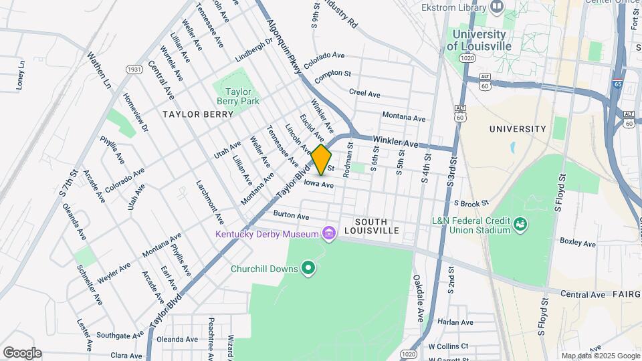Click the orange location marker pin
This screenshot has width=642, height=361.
coord(322,160)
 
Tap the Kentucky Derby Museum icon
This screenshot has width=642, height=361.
coord(328,233)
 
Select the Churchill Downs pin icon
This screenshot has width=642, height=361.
coord(308,269)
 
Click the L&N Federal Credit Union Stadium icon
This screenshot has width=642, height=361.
coord(519,225)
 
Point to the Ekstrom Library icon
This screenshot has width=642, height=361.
coord(496,7)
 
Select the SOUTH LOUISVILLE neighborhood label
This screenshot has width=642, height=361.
coord(377,226)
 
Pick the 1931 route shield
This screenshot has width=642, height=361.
coord(134,69)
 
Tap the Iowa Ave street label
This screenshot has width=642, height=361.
coord(318,184)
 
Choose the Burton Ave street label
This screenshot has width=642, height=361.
coord(291,216)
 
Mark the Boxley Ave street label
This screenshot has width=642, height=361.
coord(577,243)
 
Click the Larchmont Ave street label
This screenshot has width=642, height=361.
coord(210,201)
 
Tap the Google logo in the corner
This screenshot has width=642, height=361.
coord(22,353)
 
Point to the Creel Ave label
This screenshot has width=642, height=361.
coord(365,93)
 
